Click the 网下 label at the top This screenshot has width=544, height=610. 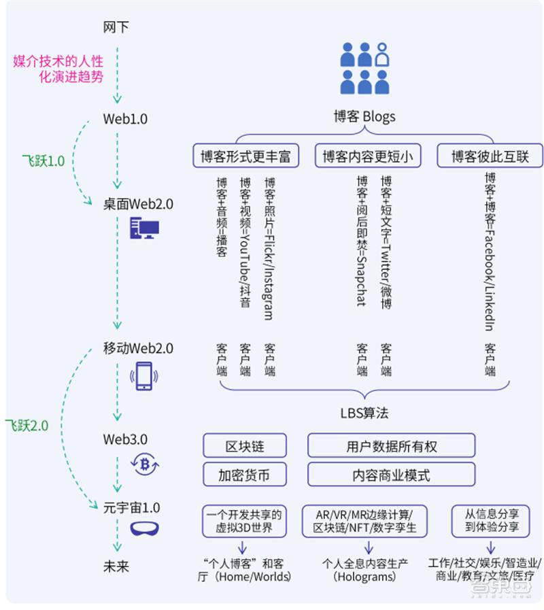pos(116,28)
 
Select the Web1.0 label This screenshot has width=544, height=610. pos(125,119)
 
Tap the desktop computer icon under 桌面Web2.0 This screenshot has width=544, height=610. pos(143,228)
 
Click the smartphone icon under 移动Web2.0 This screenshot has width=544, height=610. pos(143,375)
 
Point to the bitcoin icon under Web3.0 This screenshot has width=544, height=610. pos(144,464)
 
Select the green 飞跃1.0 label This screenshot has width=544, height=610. pos(44,161)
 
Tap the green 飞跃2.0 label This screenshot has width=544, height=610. pos(27,426)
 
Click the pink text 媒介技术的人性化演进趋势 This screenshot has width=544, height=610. pos(58,69)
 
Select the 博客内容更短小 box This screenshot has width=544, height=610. pos(367,156)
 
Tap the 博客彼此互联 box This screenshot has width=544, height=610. pos(489,156)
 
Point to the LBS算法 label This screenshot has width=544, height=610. pos(364,413)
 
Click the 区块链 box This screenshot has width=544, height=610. pos(245,446)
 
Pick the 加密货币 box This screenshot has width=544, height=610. pos(245,475)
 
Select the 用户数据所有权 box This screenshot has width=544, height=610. pos(391,446)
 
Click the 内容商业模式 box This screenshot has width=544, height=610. pos(391,475)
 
